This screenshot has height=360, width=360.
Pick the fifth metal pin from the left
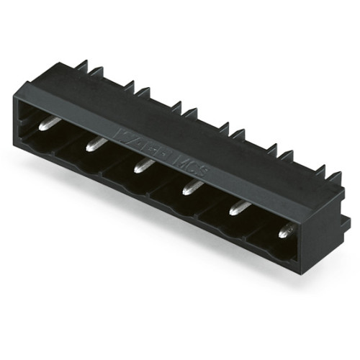pos(240,207)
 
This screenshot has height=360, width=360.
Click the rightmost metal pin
pos(286,230)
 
